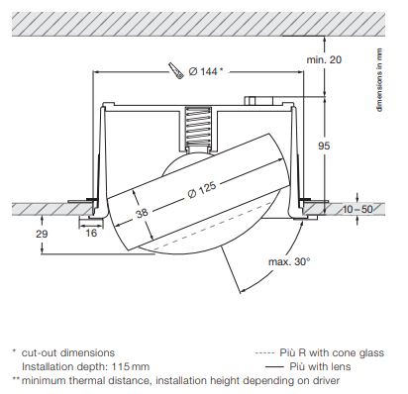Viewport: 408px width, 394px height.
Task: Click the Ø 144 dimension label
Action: click(206, 71)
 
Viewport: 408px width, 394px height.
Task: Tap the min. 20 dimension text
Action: click(324, 59)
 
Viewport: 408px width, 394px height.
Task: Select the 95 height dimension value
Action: click(324, 146)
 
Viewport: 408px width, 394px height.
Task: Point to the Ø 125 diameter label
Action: click(202, 190)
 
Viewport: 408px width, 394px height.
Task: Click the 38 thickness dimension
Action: click(142, 213)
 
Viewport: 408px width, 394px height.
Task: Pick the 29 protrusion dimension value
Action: click(42, 234)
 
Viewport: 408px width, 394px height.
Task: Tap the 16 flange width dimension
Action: click(91, 234)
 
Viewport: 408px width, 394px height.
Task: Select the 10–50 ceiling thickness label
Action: click(357, 209)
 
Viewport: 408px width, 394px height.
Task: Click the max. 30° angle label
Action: click(289, 262)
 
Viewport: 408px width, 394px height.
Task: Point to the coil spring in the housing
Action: click(198, 127)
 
